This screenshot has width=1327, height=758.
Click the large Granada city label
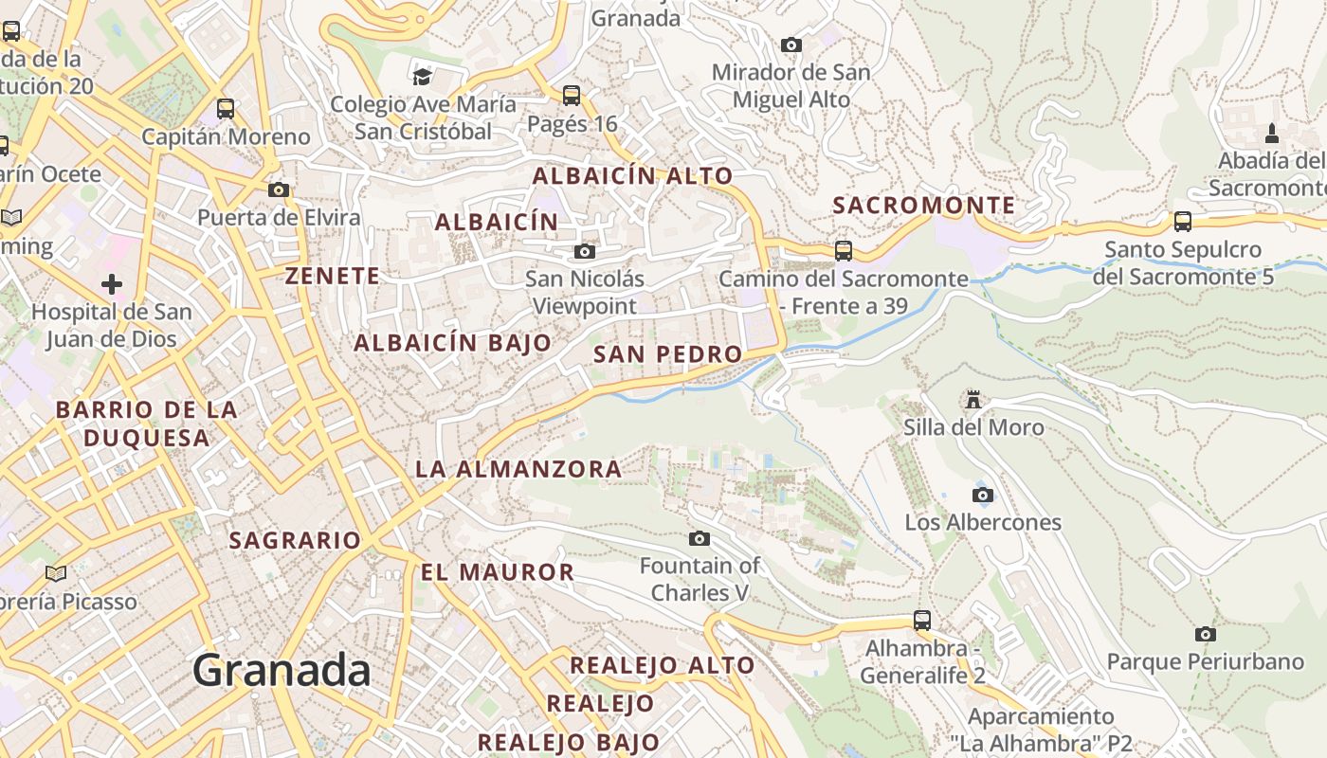(x=282, y=671)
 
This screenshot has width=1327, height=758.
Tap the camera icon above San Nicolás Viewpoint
(x=585, y=251)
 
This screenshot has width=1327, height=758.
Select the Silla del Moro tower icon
(x=973, y=399)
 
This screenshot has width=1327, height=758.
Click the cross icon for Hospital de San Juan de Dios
(x=112, y=283)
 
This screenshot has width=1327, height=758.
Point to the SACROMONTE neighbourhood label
(x=923, y=206)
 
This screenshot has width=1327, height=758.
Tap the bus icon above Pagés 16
(x=571, y=95)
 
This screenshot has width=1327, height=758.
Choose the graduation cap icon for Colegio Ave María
(x=422, y=76)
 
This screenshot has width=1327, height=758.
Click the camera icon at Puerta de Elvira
(x=278, y=189)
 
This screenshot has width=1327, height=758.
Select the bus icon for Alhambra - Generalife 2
(x=922, y=621)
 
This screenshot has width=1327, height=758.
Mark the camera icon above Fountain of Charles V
(x=700, y=538)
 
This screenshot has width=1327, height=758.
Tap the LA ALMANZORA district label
(x=518, y=469)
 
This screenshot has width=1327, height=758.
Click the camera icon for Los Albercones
(x=983, y=495)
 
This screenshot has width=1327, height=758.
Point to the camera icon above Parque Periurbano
(x=1205, y=634)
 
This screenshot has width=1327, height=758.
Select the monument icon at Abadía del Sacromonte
(x=1271, y=133)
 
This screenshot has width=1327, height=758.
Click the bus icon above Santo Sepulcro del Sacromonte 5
(x=1183, y=222)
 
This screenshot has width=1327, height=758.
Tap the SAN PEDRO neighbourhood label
(x=667, y=354)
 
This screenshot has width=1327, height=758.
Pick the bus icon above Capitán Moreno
(x=226, y=108)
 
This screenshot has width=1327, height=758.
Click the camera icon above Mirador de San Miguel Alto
(x=791, y=45)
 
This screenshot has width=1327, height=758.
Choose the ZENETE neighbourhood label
(x=333, y=277)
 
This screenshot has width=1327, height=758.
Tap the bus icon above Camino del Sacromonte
(x=843, y=250)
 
